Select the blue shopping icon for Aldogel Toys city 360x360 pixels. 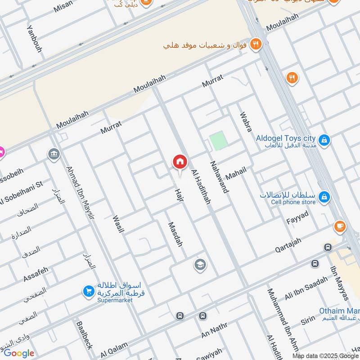324,140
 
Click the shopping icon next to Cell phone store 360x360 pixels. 324,197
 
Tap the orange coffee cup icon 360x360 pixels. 340,226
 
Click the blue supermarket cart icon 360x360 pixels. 88,292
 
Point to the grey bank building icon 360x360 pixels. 54,154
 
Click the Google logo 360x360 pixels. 19,353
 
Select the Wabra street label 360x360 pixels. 246,122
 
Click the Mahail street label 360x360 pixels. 236,174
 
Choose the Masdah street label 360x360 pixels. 175,234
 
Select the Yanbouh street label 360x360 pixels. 34,38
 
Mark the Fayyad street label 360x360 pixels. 297,217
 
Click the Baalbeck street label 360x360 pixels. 84,335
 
